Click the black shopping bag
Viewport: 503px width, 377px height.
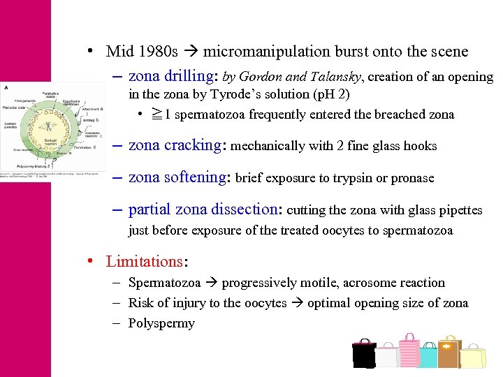363,355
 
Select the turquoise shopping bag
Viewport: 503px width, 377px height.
428,356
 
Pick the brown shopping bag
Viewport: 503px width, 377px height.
449,353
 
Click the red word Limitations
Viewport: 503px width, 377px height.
144,262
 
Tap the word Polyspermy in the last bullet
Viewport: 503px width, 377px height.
161,323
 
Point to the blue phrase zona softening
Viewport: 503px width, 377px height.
177,177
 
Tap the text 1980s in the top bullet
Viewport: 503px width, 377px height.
158,51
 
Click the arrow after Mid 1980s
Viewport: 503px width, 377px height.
191,52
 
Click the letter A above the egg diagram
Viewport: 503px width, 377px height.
6,87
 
